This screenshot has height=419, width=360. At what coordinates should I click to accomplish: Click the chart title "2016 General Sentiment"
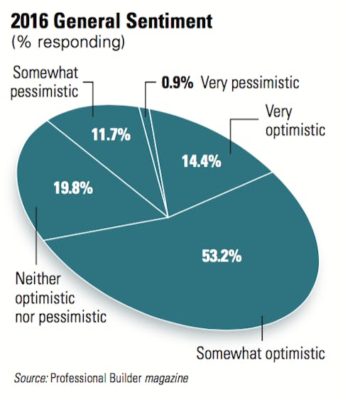111,21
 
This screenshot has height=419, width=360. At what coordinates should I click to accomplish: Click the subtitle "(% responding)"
68,43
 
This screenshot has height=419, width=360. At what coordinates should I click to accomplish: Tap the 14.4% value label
201,161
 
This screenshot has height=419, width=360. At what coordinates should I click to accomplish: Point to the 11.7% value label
110,134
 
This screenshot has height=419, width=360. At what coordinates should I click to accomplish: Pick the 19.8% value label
72,189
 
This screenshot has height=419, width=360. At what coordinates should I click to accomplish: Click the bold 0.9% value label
178,84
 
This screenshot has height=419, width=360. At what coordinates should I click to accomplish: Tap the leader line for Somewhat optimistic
261,330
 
